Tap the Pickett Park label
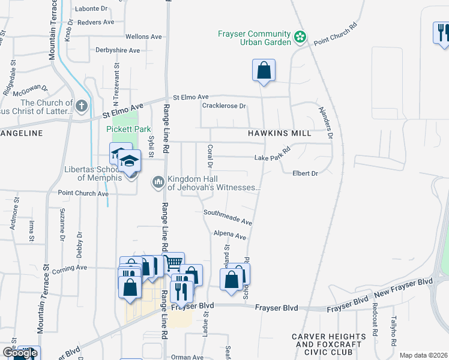(x=128, y=129)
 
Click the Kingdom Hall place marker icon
(x=159, y=181)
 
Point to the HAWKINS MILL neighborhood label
(x=280, y=133)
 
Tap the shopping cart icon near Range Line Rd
(x=173, y=262)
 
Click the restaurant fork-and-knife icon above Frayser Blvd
(x=181, y=290)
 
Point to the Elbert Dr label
(x=304, y=173)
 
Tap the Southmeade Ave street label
(x=228, y=217)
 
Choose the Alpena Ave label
(x=230, y=235)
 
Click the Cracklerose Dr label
(x=224, y=106)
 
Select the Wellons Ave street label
(x=143, y=37)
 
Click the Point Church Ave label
(x=83, y=193)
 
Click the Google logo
(x=20, y=353)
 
